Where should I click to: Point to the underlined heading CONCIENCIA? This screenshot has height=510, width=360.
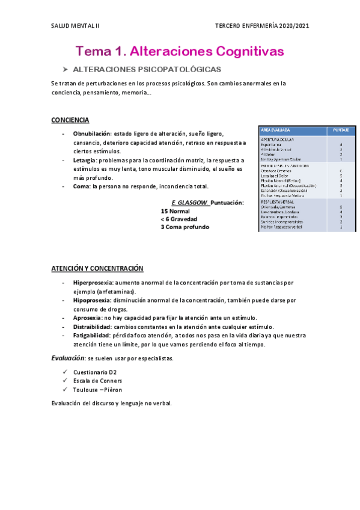(x=70, y=120)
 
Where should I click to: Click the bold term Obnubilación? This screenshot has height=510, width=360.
(x=92, y=134)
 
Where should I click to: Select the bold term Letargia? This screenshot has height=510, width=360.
(x=85, y=161)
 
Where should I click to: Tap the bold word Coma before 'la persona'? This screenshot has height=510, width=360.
(x=81, y=187)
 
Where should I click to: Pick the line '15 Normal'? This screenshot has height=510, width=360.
(x=175, y=212)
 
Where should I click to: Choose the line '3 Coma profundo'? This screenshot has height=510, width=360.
(x=185, y=227)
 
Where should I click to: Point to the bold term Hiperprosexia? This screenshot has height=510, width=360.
(x=93, y=282)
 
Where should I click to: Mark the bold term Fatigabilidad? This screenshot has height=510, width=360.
(x=91, y=336)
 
